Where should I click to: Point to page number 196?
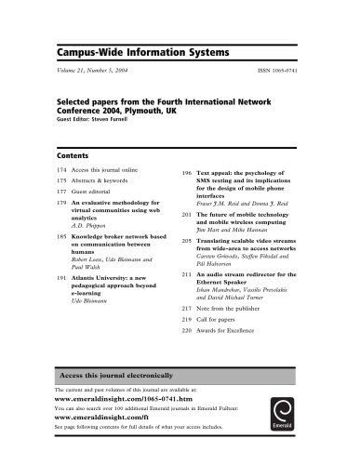pos(186,174)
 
